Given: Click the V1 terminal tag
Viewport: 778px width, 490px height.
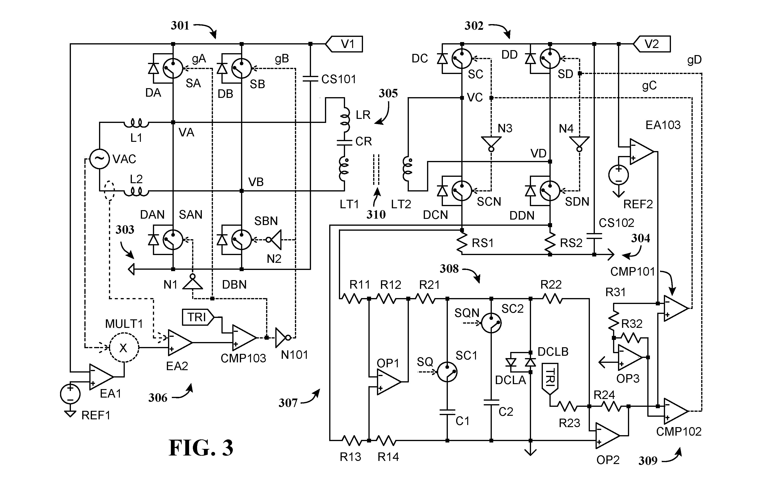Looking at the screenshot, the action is click(x=344, y=44).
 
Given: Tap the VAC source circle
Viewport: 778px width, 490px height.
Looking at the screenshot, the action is click(x=99, y=159).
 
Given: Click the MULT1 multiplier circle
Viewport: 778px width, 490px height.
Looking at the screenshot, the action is click(x=124, y=347).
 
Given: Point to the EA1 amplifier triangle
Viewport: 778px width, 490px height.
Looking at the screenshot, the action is click(x=101, y=377).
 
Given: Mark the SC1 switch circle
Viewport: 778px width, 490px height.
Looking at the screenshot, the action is click(x=447, y=372).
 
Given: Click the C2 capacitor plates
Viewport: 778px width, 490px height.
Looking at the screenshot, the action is click(x=491, y=402).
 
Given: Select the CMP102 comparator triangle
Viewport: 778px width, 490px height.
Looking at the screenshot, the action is click(x=676, y=411).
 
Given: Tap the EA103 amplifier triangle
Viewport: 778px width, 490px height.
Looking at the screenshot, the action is click(x=642, y=151).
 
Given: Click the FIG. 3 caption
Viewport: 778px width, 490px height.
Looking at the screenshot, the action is click(x=201, y=448).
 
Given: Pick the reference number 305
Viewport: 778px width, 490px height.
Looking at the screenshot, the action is click(x=388, y=93).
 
